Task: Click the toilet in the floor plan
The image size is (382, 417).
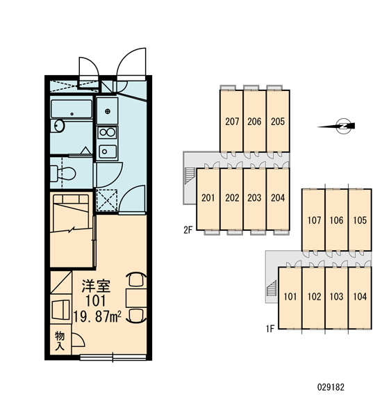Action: point(63,173)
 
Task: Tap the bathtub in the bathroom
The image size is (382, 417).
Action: point(72,109)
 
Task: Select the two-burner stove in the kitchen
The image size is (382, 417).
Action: point(108,133)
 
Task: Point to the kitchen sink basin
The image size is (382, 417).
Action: point(108,152)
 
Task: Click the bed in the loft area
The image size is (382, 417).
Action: point(72,213)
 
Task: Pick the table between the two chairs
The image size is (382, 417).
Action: point(136,297)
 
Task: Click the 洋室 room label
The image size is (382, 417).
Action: point(96,286)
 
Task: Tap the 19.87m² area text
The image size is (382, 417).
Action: point(97,316)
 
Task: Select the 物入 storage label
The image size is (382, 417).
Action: point(60,341)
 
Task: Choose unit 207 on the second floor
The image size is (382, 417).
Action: point(231,121)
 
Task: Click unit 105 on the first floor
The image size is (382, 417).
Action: point(360,220)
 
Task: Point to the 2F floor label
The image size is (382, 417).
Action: point(188,230)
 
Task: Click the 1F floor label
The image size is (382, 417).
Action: point(270,329)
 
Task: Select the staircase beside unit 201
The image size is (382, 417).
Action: point(190,175)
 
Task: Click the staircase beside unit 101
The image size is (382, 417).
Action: point(272,289)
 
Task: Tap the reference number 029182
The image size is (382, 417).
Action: point(331,387)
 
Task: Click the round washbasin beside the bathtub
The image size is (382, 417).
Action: point(59,126)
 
